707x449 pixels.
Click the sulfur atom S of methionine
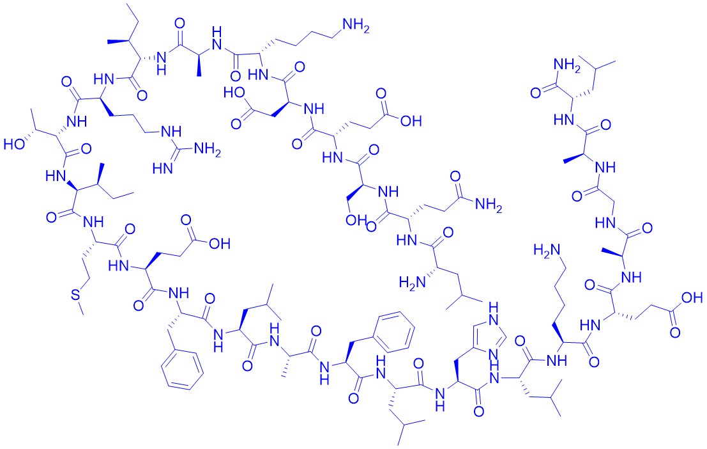tap(74, 295)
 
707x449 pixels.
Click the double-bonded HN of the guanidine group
tap(163, 169)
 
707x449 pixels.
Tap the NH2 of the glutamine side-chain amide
tap(489, 205)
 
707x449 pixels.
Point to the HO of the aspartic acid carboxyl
tap(235, 93)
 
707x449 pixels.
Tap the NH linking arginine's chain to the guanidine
tap(171, 132)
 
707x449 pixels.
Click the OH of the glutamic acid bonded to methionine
tap(220, 244)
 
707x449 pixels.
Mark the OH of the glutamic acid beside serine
tap(411, 121)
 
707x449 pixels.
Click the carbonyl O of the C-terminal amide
tap(536, 93)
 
